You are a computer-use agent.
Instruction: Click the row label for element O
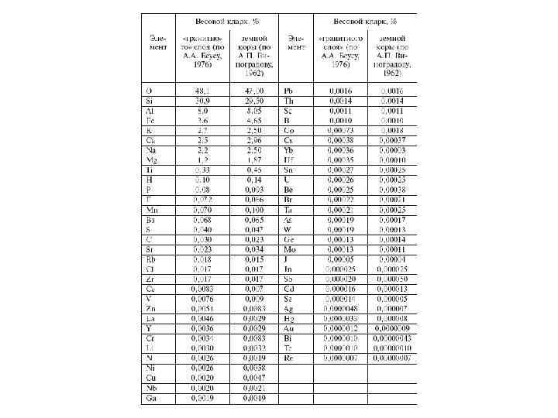(149, 91)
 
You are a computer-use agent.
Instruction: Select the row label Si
(150, 101)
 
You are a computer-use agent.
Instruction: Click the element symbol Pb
(288, 91)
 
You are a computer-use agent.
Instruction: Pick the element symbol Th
(288, 101)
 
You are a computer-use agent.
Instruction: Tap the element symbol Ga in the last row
(150, 398)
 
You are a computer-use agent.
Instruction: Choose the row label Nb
(151, 388)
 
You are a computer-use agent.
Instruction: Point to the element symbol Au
(289, 328)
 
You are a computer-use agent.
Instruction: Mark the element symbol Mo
(289, 249)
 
